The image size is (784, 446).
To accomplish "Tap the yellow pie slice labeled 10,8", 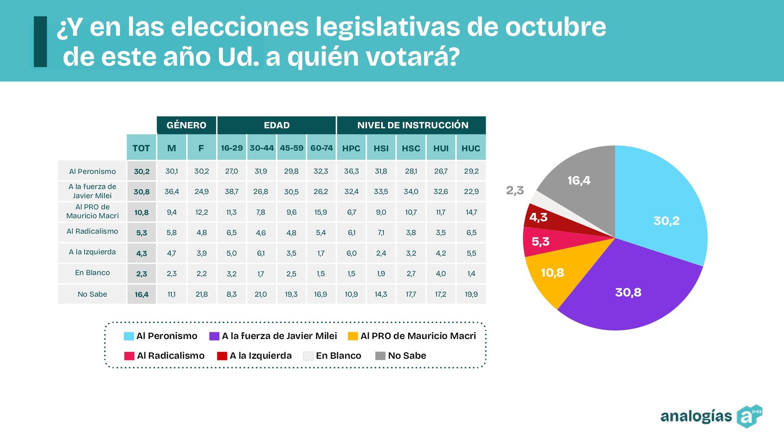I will point(553,273).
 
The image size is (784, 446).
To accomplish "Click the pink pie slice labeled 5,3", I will point(541,242).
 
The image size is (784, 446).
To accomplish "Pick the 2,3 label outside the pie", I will point(515,190).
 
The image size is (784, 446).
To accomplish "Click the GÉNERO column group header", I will point(186,125).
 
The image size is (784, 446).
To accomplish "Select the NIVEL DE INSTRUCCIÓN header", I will point(412,125).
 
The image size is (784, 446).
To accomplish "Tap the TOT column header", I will point(141,148).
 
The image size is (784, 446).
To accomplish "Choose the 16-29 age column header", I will point(231,148).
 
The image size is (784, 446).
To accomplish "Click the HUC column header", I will point(471,148).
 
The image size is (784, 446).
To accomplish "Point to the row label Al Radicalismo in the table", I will point(92,232).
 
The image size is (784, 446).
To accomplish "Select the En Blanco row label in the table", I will point(92,273).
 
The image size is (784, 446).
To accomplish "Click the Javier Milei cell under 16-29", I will point(231,191).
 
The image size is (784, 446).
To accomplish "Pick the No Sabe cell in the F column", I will point(201,294).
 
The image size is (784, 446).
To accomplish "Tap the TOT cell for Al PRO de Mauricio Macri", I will point(141,212).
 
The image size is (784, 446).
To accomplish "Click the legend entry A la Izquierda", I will point(255,356).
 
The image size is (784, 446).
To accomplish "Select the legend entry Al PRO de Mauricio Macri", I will point(412,336).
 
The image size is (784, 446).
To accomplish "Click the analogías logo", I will point(710,416).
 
